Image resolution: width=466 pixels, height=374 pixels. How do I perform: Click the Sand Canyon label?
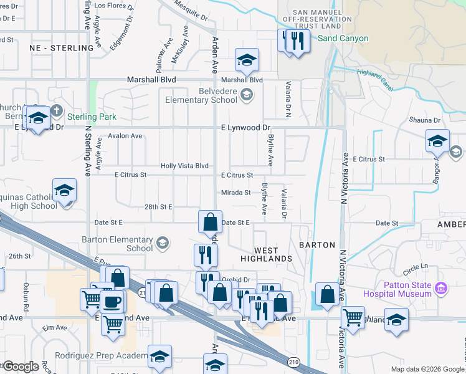point(343,39)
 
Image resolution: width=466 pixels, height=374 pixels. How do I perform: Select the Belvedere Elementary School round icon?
point(247,95)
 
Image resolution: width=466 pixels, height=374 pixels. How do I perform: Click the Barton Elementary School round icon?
point(163,242)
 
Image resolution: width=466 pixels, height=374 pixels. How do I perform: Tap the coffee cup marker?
point(112,302)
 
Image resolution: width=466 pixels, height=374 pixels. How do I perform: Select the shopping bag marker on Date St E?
point(211,221)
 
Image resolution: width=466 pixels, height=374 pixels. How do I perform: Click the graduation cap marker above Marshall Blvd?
point(247,60)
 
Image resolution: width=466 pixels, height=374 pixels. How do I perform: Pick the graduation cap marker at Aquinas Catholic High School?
point(64,191)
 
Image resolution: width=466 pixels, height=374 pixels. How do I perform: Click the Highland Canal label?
point(374,81)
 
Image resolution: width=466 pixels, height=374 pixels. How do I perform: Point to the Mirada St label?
point(236,193)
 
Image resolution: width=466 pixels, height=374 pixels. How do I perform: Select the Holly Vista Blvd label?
point(184,166)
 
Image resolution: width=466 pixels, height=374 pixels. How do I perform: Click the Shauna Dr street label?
point(425,120)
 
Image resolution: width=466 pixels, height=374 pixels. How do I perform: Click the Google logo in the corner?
point(21,367)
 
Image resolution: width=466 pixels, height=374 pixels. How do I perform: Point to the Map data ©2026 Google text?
point(427,369)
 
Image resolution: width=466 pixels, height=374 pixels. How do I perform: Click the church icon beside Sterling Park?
point(57,112)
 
